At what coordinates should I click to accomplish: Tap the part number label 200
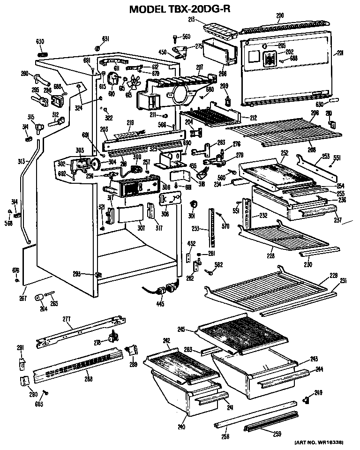coord(279,16)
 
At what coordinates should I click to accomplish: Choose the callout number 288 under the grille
coord(89,379)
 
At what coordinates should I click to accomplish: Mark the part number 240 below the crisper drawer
coord(181,427)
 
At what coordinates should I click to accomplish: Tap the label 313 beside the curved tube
coord(20,161)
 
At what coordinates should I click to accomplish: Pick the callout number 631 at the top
coord(105,38)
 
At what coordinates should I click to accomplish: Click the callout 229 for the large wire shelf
coord(333,275)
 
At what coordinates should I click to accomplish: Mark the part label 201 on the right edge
coord(341,53)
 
